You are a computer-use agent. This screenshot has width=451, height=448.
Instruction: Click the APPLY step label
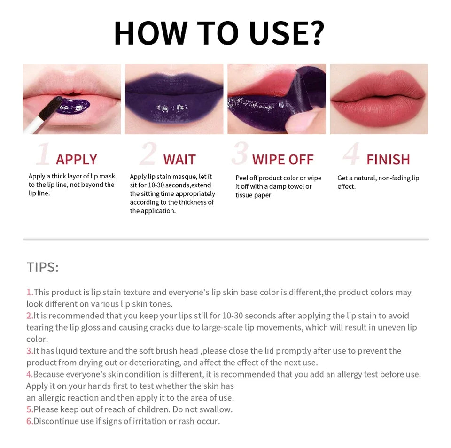(x=76, y=160)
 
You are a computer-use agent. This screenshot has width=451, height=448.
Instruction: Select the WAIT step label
(x=179, y=160)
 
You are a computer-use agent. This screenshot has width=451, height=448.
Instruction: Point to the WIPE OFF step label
(x=283, y=160)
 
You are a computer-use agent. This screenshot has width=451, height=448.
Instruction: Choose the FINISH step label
(x=388, y=160)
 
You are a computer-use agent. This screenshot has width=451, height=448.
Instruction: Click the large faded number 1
(x=43, y=154)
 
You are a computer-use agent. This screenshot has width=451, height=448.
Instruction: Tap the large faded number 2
(x=148, y=154)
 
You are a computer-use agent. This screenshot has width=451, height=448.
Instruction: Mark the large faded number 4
(x=350, y=154)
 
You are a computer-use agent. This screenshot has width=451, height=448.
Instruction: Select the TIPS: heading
(x=43, y=267)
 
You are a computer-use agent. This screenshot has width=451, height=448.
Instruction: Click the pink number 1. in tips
(x=30, y=292)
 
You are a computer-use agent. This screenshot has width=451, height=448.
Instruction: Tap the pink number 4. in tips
(x=30, y=374)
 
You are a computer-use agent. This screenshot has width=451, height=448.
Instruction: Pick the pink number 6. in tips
(x=30, y=421)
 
